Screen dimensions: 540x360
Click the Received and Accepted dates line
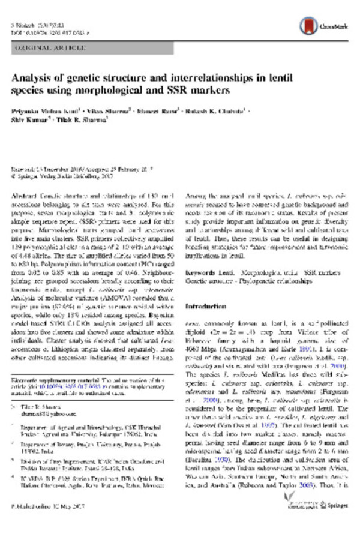click(74, 170)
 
